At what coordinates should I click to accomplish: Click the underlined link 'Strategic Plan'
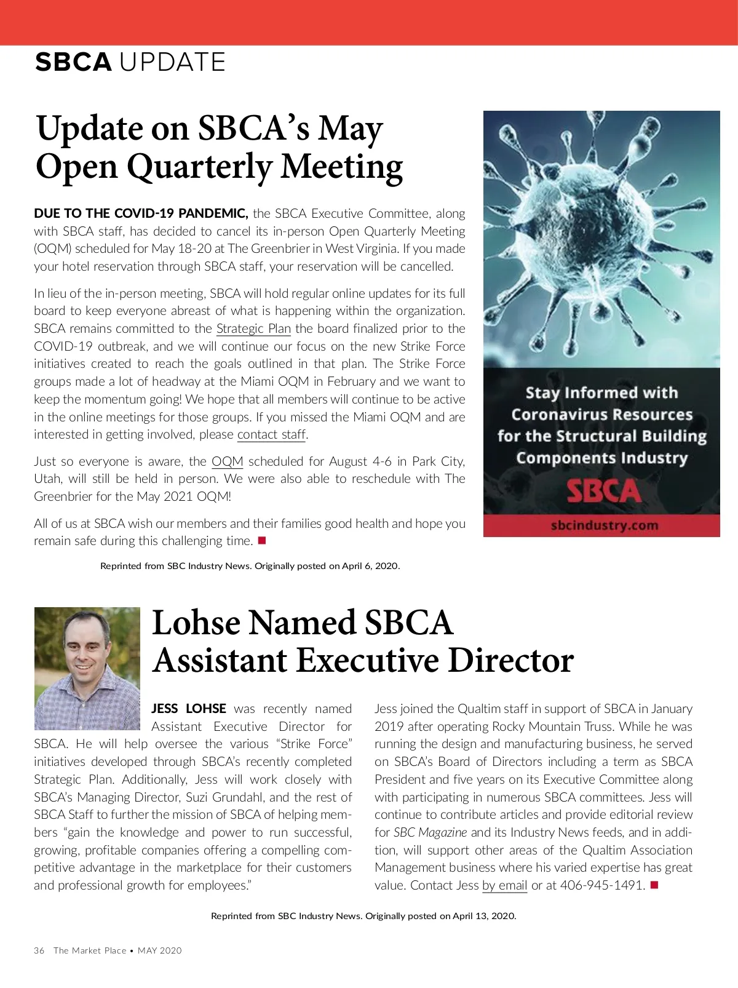(253, 329)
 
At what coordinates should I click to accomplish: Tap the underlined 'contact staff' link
(271, 434)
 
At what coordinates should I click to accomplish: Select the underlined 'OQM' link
(227, 461)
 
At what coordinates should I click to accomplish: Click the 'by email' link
(504, 885)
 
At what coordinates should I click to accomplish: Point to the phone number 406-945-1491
(602, 885)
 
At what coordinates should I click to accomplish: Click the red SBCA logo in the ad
(602, 492)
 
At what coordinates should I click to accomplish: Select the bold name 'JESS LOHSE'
(189, 709)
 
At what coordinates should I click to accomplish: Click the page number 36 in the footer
(39, 950)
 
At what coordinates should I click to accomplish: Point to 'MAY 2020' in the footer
(160, 950)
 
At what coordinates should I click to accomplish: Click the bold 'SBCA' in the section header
(73, 62)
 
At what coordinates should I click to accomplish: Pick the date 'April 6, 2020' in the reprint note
(366, 566)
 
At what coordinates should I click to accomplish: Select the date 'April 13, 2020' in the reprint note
(484, 916)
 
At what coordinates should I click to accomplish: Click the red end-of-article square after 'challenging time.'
(261, 541)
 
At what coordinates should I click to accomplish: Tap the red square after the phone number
(654, 885)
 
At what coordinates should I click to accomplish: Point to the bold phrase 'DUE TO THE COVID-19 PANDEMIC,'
(141, 213)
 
